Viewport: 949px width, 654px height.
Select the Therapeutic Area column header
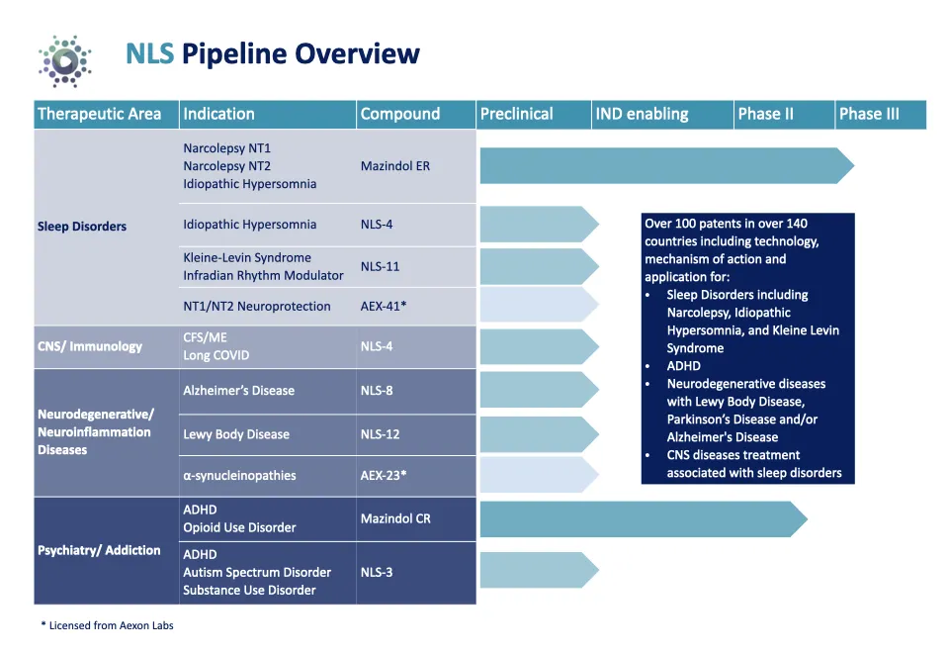pyautogui.click(x=99, y=114)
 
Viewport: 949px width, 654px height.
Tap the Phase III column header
pyautogui.click(x=869, y=114)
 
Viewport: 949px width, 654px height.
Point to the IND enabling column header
pyautogui.click(x=642, y=114)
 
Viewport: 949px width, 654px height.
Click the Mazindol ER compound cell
pyautogui.click(x=394, y=166)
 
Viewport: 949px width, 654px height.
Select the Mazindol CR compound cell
pyautogui.click(x=395, y=518)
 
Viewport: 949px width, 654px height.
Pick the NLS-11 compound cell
pyautogui.click(x=380, y=266)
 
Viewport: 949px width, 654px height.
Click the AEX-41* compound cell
pyautogui.click(x=383, y=306)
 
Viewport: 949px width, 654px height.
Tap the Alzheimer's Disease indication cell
pyautogui.click(x=238, y=391)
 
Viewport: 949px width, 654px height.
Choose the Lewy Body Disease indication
pyautogui.click(x=236, y=434)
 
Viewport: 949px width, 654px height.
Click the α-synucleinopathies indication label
pyautogui.click(x=239, y=476)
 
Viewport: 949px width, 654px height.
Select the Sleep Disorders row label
pyautogui.click(x=82, y=227)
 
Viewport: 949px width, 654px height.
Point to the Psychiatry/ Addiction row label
pyautogui.click(x=99, y=550)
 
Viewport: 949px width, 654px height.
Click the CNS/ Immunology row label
pyautogui.click(x=90, y=346)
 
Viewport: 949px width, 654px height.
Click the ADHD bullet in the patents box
pyautogui.click(x=683, y=366)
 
